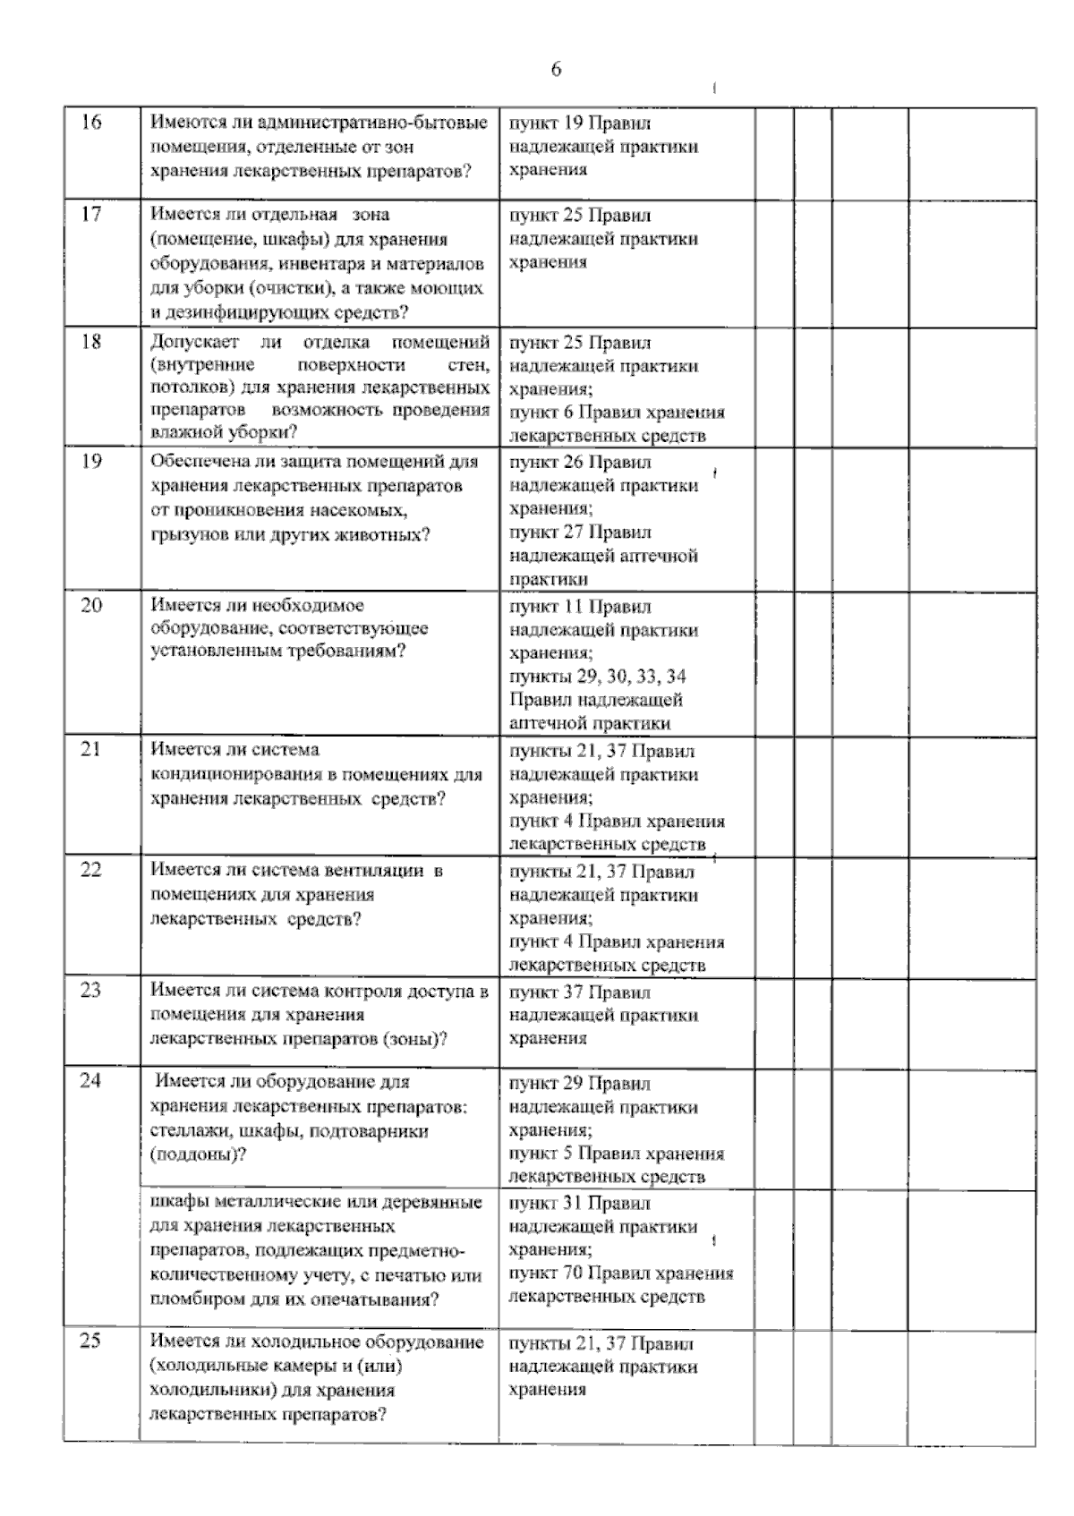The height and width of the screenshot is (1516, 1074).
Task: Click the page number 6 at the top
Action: click(556, 70)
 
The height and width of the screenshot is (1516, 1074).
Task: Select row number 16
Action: click(91, 123)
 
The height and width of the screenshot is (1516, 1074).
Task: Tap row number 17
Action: click(91, 215)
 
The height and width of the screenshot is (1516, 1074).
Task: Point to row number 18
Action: click(91, 342)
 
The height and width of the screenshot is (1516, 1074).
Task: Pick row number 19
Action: click(91, 462)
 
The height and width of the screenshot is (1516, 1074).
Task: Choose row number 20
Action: click(91, 606)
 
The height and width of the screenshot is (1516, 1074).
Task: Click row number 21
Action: click(91, 750)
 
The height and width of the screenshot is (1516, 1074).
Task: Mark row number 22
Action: click(91, 870)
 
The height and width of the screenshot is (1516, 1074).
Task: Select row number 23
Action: click(91, 991)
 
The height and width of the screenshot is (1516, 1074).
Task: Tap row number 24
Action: click(91, 1081)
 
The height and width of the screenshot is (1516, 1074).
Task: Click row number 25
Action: click(91, 1341)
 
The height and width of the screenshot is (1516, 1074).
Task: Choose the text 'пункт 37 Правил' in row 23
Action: click(580, 992)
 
